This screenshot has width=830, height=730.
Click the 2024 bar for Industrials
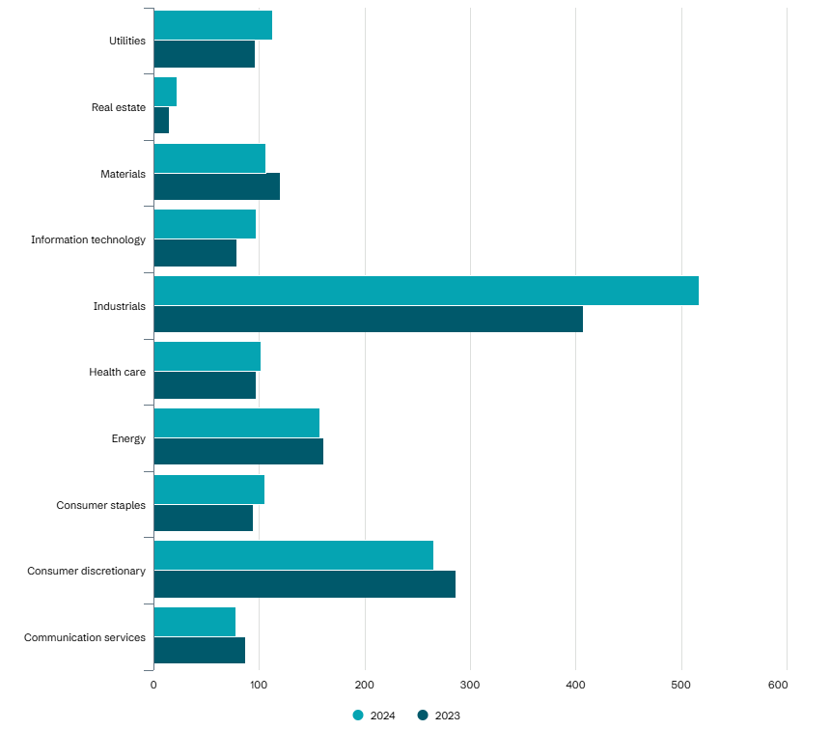point(426,291)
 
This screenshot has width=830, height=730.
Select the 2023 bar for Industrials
point(368,320)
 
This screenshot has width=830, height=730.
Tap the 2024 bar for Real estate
point(165,92)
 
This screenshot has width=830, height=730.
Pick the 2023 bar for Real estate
point(161,121)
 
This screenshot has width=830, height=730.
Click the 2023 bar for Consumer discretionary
point(304,584)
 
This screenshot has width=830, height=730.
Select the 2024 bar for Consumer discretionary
point(293,555)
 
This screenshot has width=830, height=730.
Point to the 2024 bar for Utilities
point(212,25)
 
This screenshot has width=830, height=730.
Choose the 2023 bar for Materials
point(216,186)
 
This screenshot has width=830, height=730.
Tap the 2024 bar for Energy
point(236,423)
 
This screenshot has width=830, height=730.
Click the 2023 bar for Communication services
point(199,651)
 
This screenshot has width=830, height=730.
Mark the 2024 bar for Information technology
point(205,224)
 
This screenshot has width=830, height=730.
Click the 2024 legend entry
point(375,716)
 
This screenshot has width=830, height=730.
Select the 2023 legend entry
point(439,716)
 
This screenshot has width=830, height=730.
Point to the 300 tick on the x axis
point(470,685)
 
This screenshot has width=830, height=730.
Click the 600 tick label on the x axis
point(778,685)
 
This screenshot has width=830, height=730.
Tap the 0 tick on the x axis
point(153,685)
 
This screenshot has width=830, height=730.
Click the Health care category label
point(117,372)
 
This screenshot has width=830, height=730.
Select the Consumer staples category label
point(100,505)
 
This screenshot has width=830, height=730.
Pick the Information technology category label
point(88,239)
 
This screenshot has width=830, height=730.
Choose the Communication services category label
point(85,637)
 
